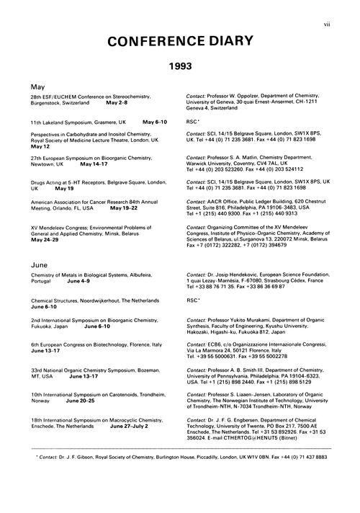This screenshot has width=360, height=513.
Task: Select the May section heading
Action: (x=37, y=86)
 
